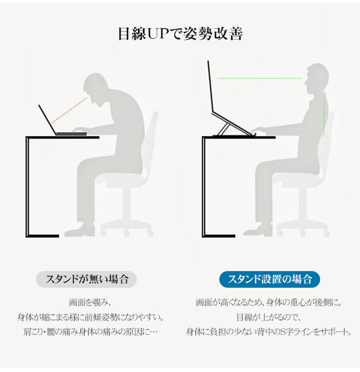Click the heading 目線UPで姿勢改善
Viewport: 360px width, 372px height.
181,34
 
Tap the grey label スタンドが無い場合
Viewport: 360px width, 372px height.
86,279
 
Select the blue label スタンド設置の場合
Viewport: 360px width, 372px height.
270,279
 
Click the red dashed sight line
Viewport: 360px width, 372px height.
69,110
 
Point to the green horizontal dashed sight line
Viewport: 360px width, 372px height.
259,78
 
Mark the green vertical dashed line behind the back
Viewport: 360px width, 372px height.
324,119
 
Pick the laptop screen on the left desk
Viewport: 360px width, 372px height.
48,120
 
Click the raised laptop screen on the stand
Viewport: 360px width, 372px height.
210,86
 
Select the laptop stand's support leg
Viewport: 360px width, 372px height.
223,130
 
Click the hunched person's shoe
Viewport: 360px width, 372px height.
80,230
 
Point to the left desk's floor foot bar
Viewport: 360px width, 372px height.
43,236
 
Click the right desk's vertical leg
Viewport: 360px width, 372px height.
203,187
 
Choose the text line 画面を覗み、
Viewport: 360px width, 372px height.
90,303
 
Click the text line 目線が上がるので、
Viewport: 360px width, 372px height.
269,317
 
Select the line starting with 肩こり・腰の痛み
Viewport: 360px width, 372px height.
90,332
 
